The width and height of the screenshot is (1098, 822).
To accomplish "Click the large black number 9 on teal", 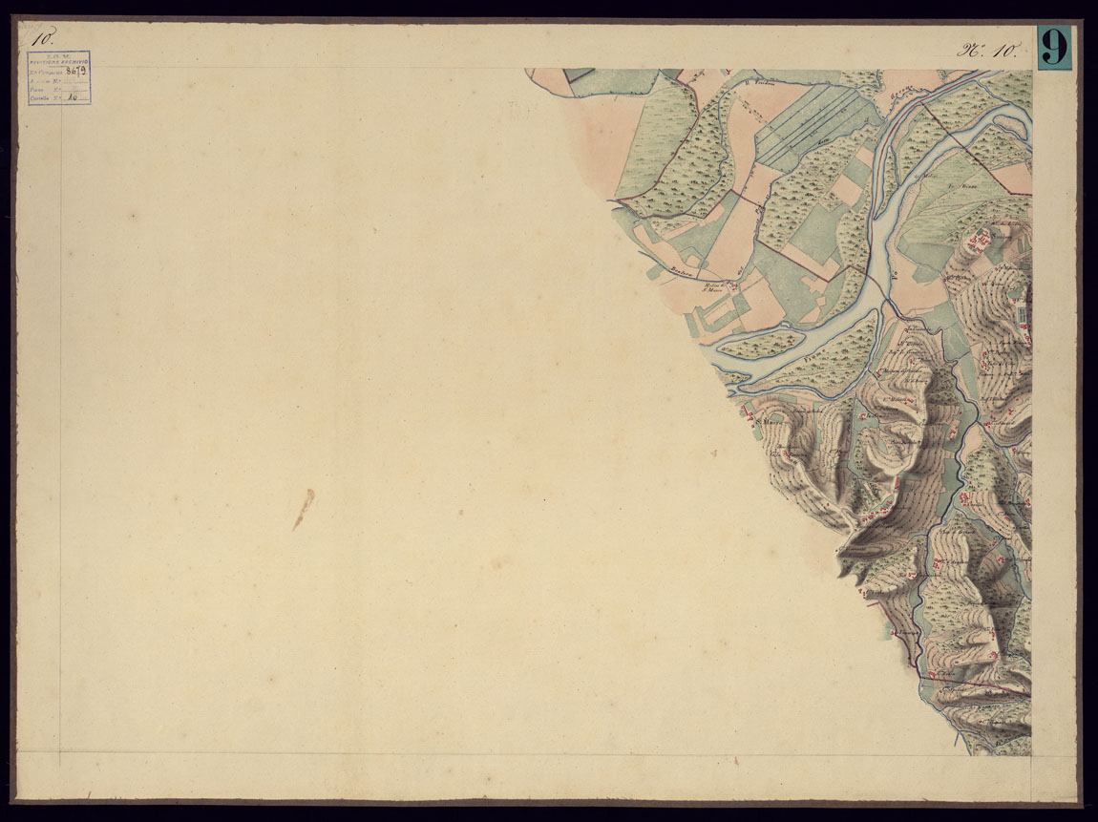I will pyautogui.click(x=1054, y=48).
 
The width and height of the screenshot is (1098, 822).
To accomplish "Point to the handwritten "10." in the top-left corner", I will pyautogui.click(x=41, y=39).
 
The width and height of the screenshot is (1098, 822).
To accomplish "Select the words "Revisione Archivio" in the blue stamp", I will pyautogui.click(x=59, y=61).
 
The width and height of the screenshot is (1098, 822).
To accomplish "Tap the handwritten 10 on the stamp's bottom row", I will pyautogui.click(x=73, y=96).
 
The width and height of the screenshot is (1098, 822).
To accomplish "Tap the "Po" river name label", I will pyautogui.click(x=895, y=275).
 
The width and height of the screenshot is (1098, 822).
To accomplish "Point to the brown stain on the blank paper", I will pyautogui.click(x=303, y=508).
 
